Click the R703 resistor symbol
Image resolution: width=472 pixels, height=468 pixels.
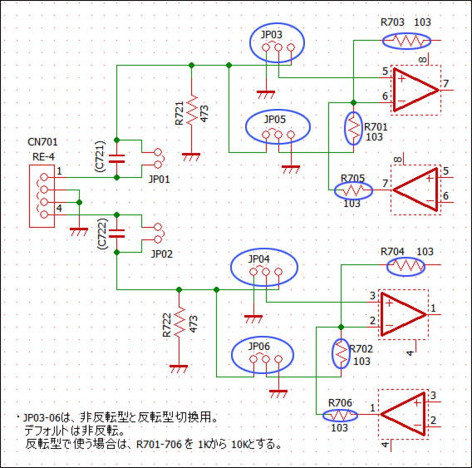pos(406,41)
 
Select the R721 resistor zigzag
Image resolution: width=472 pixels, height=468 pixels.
pos(192,110)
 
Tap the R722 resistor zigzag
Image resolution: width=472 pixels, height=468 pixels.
pos(179,323)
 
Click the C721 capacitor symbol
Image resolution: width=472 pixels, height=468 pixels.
pos(117,159)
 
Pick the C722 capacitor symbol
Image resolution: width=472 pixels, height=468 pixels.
pos(117,234)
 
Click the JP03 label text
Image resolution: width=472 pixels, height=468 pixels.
pos(271,35)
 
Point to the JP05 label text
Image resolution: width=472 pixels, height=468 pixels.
pos(274,119)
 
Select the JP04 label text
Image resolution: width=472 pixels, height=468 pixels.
pos(259,259)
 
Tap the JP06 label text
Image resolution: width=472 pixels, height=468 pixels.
pos(259,347)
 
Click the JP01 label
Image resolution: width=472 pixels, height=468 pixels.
pos(160,180)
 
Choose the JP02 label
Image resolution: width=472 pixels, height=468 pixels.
pos(162,254)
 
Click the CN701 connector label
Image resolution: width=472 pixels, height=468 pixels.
pos(42,142)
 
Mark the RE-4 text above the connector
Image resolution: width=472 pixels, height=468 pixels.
pos(44,156)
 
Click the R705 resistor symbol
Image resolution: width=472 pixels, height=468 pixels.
pos(353,190)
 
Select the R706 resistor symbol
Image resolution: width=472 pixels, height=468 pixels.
pos(341,415)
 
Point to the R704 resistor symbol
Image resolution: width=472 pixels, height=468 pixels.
pos(406,265)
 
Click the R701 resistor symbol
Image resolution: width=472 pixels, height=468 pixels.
pos(354,128)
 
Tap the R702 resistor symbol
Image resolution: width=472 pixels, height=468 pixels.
pos(341,352)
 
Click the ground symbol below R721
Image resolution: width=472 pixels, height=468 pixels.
pos(191,156)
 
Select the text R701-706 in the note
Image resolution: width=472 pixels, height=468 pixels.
pos(159,444)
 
